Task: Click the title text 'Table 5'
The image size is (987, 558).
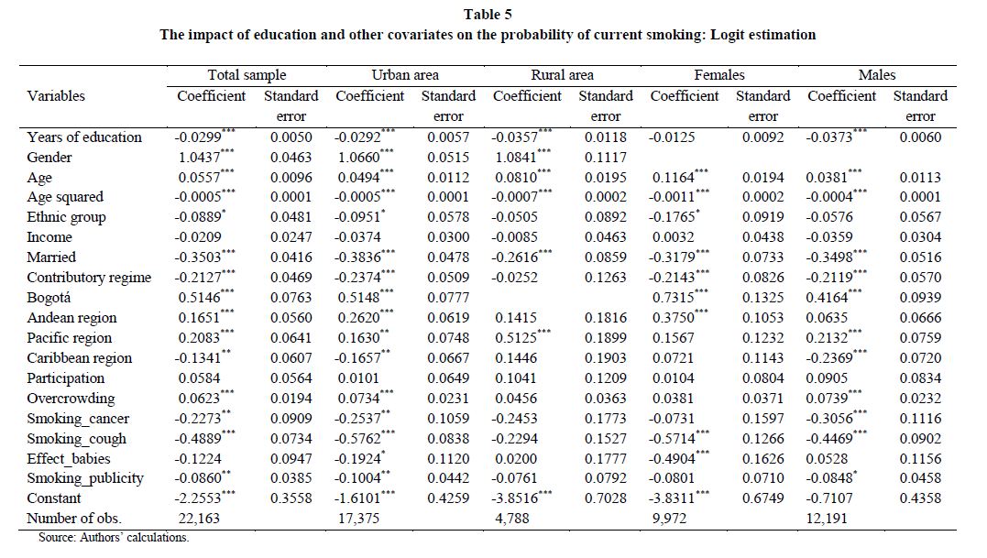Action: pos(488,14)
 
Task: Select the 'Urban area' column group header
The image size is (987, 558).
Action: pos(405,75)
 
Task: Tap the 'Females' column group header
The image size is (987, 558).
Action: pos(718,75)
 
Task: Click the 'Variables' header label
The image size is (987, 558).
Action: pos(55,95)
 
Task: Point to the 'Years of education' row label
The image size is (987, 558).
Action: pos(84,137)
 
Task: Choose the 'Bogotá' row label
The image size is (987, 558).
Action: pos(49,298)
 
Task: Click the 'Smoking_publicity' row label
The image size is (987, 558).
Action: pos(85,478)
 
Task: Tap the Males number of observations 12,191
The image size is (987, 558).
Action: pos(827,519)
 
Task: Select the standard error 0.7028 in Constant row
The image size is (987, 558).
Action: pos(606,498)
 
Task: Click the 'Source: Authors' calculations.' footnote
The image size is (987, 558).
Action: pos(114,537)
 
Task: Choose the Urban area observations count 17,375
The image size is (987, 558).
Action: pos(359,519)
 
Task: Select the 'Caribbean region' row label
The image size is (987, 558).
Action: pos(80,358)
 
